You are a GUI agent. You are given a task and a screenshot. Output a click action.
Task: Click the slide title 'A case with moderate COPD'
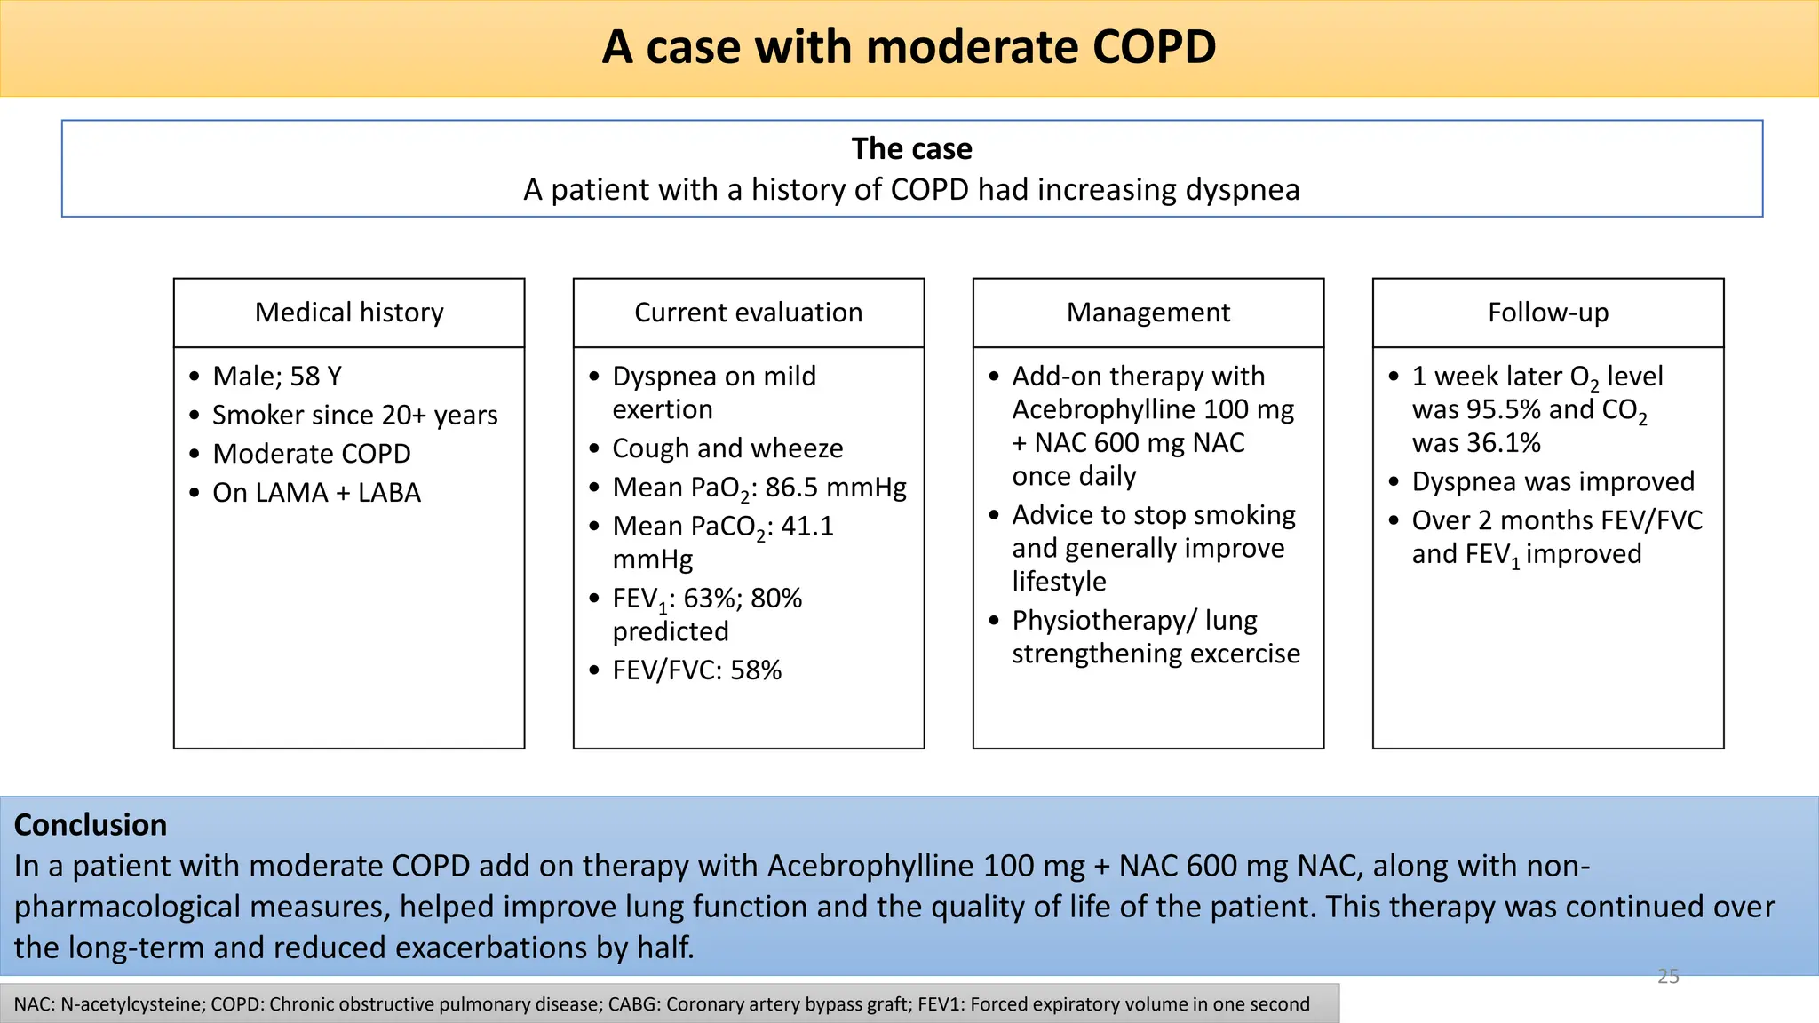909,47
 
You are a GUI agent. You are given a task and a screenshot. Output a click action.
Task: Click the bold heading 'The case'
911,148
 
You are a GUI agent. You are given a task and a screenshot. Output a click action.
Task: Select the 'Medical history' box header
349,313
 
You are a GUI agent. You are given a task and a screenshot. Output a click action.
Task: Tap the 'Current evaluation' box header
748,313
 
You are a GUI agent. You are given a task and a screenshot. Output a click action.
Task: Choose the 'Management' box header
1148,313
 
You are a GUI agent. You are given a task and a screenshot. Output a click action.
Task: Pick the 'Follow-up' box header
1547,313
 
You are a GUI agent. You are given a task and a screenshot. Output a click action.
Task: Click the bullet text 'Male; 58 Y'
277,377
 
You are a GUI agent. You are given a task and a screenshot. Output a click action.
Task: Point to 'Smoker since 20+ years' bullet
354,415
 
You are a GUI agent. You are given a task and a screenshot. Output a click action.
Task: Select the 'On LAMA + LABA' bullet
316,493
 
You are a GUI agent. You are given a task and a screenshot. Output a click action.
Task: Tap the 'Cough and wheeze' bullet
727,448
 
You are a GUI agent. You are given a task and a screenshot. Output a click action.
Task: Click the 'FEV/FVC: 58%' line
696,670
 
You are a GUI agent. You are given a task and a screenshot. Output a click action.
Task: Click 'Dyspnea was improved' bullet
1553,481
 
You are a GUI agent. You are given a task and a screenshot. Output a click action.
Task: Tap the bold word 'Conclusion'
91,825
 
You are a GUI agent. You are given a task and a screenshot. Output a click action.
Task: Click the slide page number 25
1668,977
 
